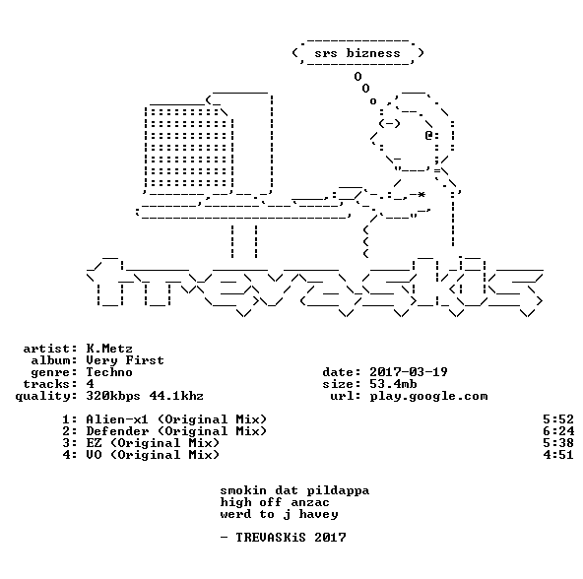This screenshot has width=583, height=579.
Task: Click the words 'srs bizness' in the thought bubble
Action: tap(357, 53)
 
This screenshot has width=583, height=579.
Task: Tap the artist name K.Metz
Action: tap(109, 349)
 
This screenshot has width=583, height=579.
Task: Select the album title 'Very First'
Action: tap(125, 360)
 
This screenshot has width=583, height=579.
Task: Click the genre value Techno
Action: tap(109, 372)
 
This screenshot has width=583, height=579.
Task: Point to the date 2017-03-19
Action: tap(409, 372)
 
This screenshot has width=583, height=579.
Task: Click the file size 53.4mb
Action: tap(393, 384)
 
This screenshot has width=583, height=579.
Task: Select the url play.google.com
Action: tap(428, 397)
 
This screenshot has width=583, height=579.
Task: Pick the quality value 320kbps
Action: tap(113, 397)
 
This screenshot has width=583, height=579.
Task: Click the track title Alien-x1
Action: tap(117, 419)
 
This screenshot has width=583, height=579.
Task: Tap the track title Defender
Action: tap(117, 431)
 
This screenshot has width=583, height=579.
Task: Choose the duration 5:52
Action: tap(558, 419)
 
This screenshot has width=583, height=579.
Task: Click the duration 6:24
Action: tap(558, 431)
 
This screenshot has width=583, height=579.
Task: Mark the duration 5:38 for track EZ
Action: tap(558, 443)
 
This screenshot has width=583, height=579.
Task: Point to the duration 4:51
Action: tap(558, 455)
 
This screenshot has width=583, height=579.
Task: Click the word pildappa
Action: tap(338, 490)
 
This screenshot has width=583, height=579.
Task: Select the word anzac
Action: tap(310, 503)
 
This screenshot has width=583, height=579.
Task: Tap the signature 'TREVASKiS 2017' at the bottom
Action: tap(291, 538)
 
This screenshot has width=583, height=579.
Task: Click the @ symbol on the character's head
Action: tap(429, 135)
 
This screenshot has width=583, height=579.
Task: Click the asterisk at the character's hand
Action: tap(421, 195)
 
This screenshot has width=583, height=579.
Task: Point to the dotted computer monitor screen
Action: tap(189, 148)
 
